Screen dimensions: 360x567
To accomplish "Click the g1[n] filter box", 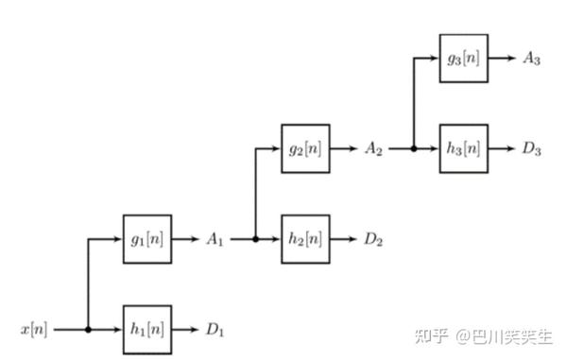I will pyautogui.click(x=147, y=238).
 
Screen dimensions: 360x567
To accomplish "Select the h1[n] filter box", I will pyautogui.click(x=147, y=330).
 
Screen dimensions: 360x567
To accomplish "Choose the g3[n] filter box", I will pyautogui.click(x=464, y=58).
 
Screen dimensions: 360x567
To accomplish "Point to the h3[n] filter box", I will pyautogui.click(x=464, y=148).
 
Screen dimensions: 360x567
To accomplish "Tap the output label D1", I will pyautogui.click(x=216, y=331).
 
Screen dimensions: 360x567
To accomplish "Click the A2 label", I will pyautogui.click(x=374, y=148).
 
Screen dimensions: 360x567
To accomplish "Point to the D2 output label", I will pyautogui.click(x=374, y=239).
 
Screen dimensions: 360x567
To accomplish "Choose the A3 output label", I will pyautogui.click(x=532, y=58).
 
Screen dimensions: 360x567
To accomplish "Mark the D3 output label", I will pyautogui.click(x=532, y=148).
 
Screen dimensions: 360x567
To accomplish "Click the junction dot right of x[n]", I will pyautogui.click(x=88, y=330).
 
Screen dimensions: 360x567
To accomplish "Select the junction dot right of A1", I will pyautogui.click(x=255, y=239).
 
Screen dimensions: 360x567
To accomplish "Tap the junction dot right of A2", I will pyautogui.click(x=413, y=148).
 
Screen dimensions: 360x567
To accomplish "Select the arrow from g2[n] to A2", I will pyautogui.click(x=343, y=148).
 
